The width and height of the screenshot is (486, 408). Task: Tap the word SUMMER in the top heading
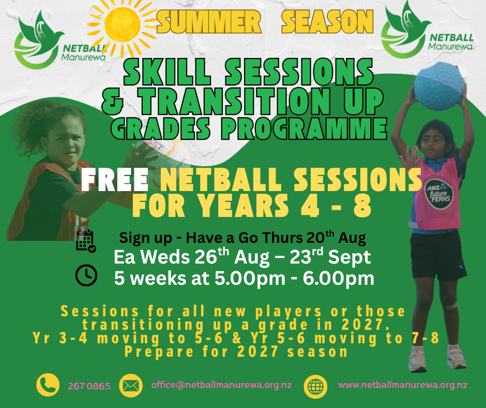pos(209,22)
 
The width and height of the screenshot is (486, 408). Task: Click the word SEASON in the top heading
pos(327,21)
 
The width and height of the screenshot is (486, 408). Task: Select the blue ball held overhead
pos(439,86)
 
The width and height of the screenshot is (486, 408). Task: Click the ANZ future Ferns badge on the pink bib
pos(438,194)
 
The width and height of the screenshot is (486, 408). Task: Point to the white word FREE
pos(115,180)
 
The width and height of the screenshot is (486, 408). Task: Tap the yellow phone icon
pos(48,385)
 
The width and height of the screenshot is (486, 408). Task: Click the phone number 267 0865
pos(89,386)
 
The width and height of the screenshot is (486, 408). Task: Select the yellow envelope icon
pos(131,386)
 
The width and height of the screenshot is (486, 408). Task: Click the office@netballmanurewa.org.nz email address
pos(221,385)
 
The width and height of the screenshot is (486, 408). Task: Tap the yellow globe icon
pos(315,387)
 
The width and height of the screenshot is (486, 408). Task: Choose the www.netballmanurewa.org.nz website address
pos(403,385)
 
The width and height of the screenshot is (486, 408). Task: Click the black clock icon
pos(86,275)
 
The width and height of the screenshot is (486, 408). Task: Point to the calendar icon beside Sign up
pos(86,241)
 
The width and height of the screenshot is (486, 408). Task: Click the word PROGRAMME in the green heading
pos(304,128)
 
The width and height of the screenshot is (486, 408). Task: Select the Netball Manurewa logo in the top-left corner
pos(61,40)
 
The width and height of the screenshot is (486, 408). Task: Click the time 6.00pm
pos(339,279)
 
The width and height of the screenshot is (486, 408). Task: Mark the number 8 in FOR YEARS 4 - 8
pos(362,205)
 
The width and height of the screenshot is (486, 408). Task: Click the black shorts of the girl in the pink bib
pos(437,255)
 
